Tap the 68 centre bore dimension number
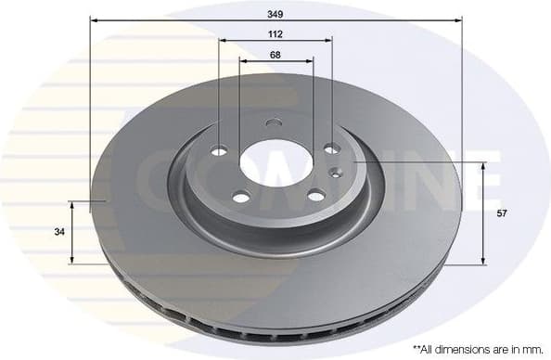[275, 54]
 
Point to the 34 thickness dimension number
[59, 232]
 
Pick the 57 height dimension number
[502, 213]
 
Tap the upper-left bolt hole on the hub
[219, 150]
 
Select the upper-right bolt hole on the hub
[330, 148]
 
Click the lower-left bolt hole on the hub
[240, 197]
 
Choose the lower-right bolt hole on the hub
[316, 195]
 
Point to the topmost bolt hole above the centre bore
[272, 122]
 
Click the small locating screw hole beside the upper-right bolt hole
[337, 170]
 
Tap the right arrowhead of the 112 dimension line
[328, 41]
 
